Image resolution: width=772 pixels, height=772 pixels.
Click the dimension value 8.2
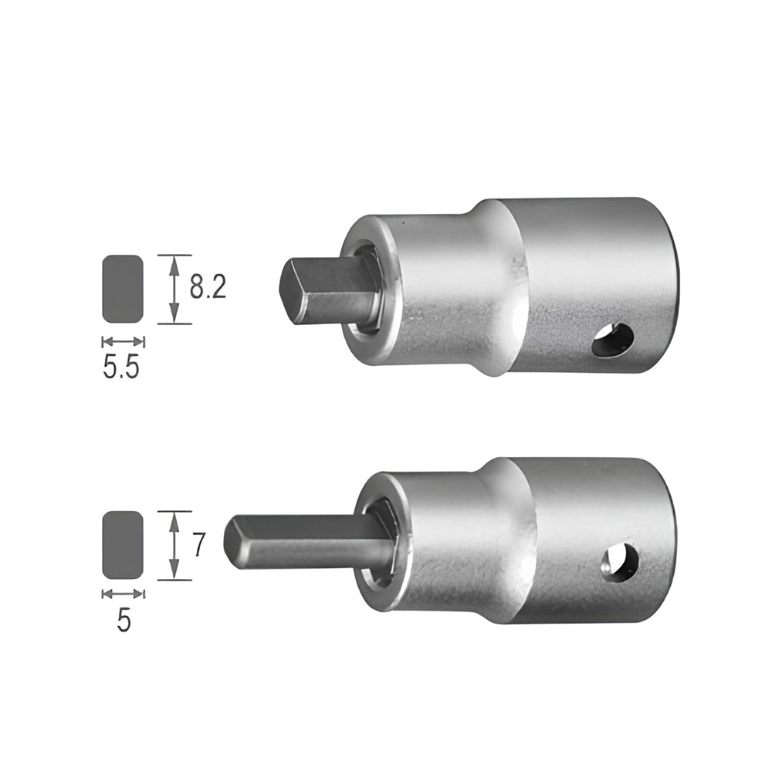[x=208, y=288]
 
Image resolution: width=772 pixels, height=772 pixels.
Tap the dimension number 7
[x=198, y=545]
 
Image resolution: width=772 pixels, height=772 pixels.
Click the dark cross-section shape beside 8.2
[x=123, y=289]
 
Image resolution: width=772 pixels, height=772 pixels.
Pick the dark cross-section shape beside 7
[x=123, y=545]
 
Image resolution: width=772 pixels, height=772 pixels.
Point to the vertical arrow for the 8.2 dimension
[x=174, y=289]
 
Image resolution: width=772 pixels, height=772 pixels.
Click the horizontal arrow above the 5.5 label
[x=123, y=341]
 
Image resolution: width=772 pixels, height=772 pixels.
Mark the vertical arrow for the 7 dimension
[x=174, y=545]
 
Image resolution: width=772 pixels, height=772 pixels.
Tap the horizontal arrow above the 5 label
[x=123, y=594]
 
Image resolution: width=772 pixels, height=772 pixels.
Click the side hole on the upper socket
[x=614, y=340]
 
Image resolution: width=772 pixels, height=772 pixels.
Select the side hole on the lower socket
[x=621, y=561]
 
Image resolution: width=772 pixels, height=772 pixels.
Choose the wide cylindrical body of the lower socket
[x=594, y=533]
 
